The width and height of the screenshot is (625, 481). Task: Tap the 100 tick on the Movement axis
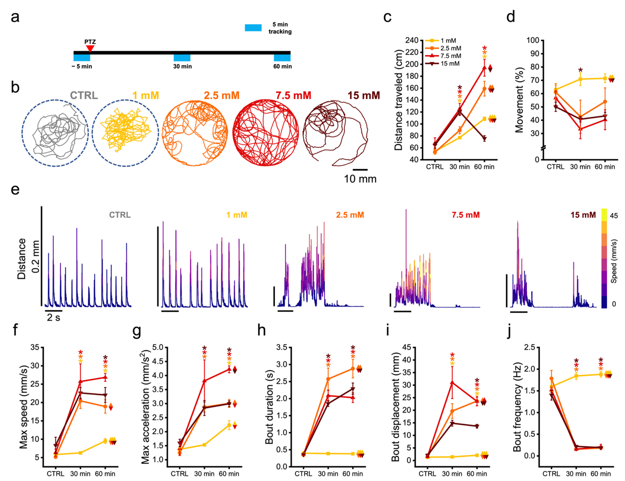point(533,40)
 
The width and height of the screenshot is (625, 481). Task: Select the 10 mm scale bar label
point(360,179)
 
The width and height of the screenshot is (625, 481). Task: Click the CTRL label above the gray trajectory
point(84,95)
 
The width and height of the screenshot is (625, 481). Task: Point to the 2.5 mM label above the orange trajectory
point(221,95)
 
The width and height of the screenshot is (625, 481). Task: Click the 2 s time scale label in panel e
point(54,317)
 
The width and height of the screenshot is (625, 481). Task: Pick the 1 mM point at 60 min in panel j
point(601,374)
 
